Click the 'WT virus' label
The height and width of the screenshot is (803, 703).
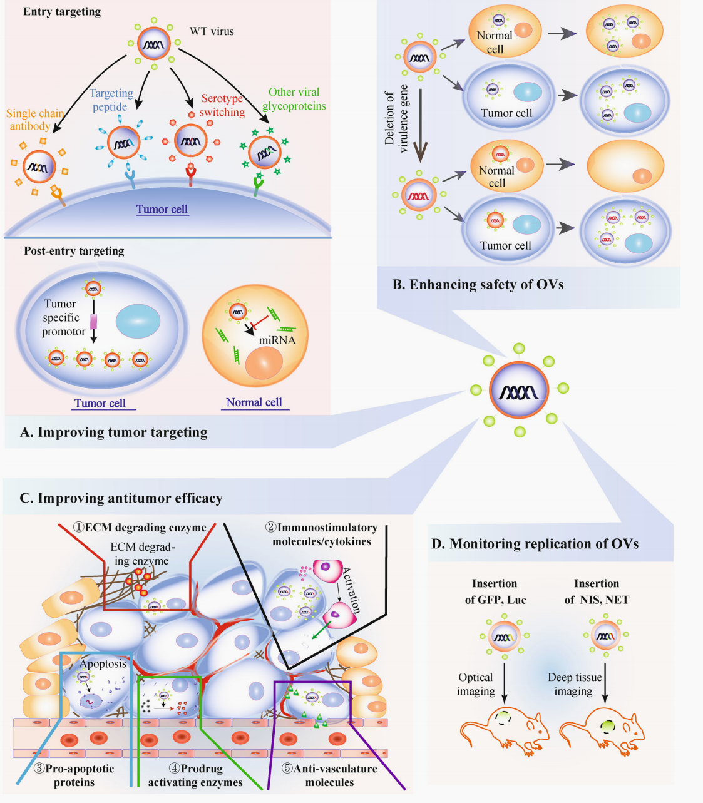pyautogui.click(x=212, y=31)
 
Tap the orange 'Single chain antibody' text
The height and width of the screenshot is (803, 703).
pyautogui.click(x=34, y=120)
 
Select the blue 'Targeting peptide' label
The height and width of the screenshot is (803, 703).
pyautogui.click(x=111, y=100)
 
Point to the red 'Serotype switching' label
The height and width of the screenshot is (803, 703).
pyautogui.click(x=222, y=105)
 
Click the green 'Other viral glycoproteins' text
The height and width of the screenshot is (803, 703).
pyautogui.click(x=294, y=99)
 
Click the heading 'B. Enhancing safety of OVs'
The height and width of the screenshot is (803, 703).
pyautogui.click(x=478, y=285)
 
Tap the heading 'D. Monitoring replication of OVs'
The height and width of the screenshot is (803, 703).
pyautogui.click(x=535, y=544)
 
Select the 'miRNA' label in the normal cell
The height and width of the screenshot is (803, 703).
pyautogui.click(x=277, y=340)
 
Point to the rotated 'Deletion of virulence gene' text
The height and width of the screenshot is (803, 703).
pyautogui.click(x=396, y=119)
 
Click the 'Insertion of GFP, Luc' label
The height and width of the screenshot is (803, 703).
pyautogui.click(x=495, y=591)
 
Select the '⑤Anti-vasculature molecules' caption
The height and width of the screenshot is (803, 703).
pyautogui.click(x=330, y=775)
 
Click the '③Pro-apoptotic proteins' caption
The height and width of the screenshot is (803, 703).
pyautogui.click(x=74, y=775)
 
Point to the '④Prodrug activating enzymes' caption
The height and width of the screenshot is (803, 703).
pyautogui.click(x=195, y=775)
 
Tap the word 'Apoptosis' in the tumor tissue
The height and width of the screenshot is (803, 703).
pyautogui.click(x=103, y=664)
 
